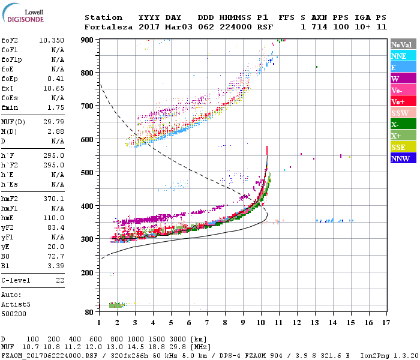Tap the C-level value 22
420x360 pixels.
coord(59,280)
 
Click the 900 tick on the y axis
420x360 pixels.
coord(88,40)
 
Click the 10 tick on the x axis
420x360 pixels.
coord(260,323)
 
